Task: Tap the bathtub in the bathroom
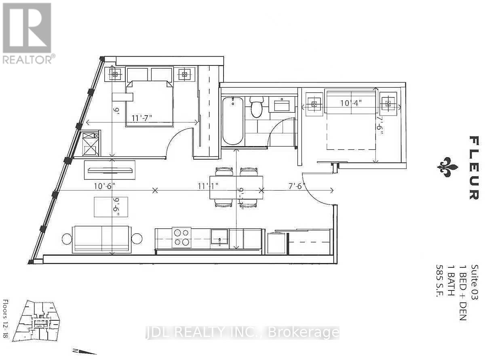point(233,120)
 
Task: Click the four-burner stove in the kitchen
point(181,237)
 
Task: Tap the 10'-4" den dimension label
point(350,103)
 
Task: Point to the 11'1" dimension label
point(208,186)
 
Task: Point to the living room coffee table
point(111,206)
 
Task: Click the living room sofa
point(101,239)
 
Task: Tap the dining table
point(236,187)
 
